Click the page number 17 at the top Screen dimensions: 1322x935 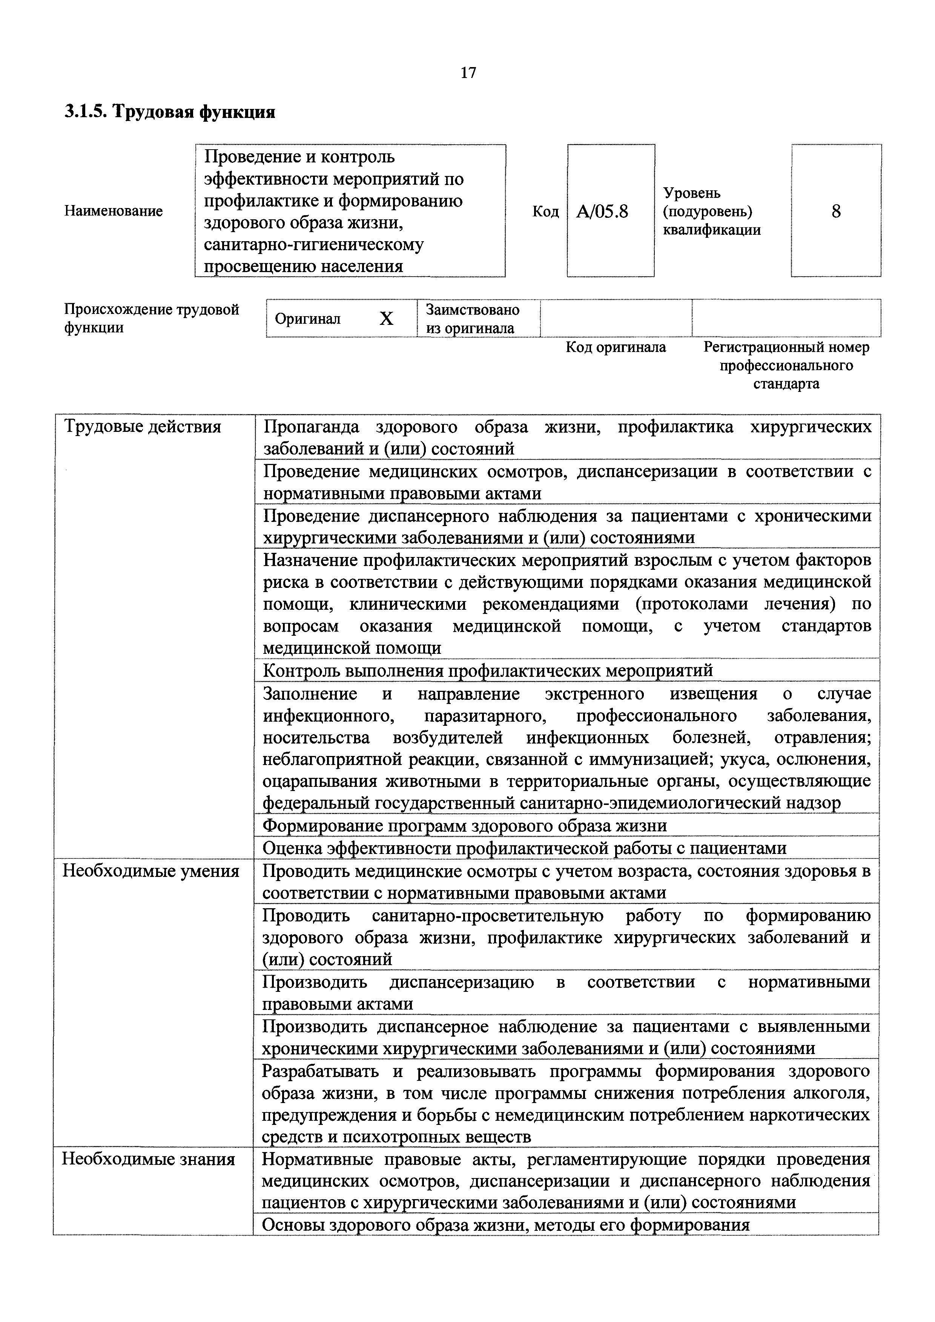pyautogui.click(x=468, y=73)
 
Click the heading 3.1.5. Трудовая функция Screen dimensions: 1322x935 pyautogui.click(x=169, y=111)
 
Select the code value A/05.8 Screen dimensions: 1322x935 pyautogui.click(x=602, y=212)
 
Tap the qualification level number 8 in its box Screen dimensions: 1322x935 pyautogui.click(x=836, y=211)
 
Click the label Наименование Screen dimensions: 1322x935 pyautogui.click(x=114, y=211)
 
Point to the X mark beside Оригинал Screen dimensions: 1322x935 pyautogui.click(x=386, y=318)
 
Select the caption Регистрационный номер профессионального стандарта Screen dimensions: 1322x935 pyautogui.click(x=786, y=365)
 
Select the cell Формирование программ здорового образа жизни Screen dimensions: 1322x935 pyautogui.click(x=464, y=826)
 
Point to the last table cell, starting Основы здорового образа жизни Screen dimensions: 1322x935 pyautogui.click(x=505, y=1225)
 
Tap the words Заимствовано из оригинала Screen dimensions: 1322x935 pyautogui.click(x=472, y=318)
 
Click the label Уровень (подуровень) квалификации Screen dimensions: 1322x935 pyautogui.click(x=711, y=211)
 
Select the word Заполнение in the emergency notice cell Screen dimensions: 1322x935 pyautogui.click(x=310, y=694)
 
